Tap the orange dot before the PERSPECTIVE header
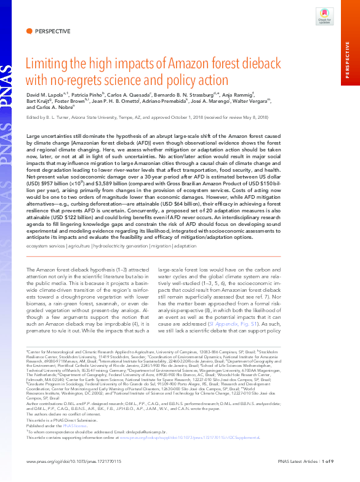(x=28, y=31)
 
